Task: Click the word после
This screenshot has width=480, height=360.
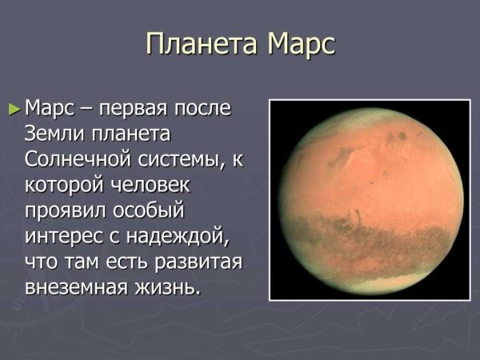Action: point(207,108)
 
